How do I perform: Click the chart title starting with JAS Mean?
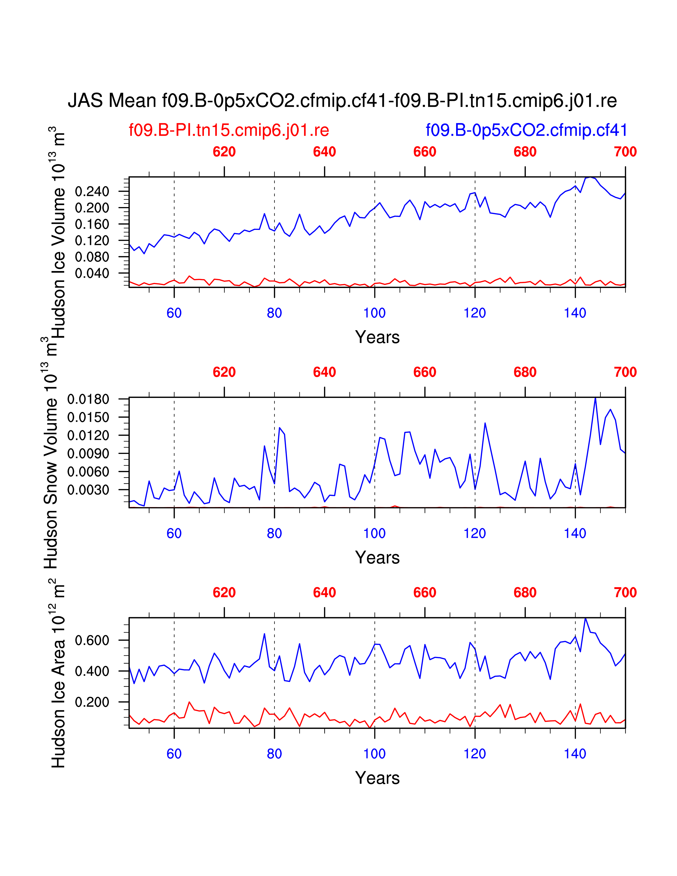(x=342, y=101)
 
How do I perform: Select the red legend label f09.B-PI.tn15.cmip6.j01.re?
(x=229, y=130)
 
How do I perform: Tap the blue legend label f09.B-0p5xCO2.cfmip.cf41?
(x=526, y=130)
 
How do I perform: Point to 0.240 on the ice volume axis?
(x=92, y=191)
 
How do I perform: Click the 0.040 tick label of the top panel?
(x=92, y=273)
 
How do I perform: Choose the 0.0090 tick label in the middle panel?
(x=88, y=454)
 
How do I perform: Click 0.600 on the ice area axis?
(x=92, y=640)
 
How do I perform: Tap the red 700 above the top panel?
(x=625, y=152)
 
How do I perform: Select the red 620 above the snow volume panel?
(x=224, y=372)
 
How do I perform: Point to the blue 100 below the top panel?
(x=374, y=313)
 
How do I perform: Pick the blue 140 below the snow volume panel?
(x=575, y=534)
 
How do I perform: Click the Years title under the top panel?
(x=377, y=337)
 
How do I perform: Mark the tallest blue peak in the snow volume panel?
(x=595, y=398)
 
